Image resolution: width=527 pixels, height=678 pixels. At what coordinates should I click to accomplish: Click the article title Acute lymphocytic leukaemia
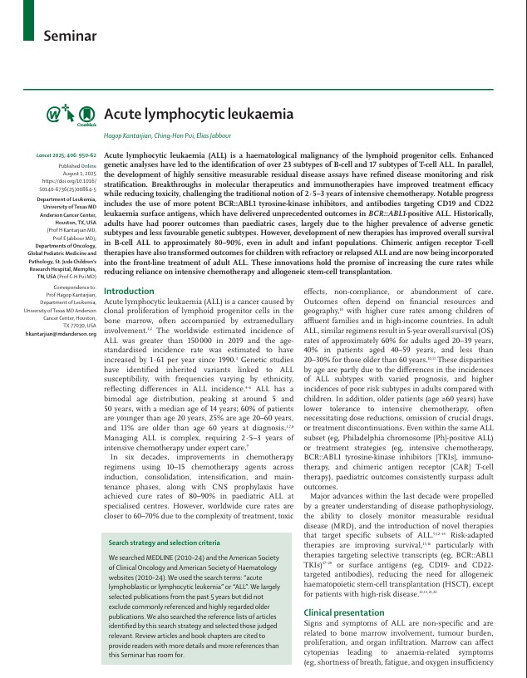tap(198, 114)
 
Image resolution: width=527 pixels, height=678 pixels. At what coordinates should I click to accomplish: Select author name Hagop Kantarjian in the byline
tap(130, 135)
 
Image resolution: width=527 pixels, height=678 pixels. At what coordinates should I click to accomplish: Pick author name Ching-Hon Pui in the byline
tap(173, 135)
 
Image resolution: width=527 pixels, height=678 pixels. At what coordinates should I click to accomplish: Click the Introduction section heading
tap(128, 291)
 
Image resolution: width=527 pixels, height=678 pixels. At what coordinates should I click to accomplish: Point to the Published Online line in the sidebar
tap(76, 164)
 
